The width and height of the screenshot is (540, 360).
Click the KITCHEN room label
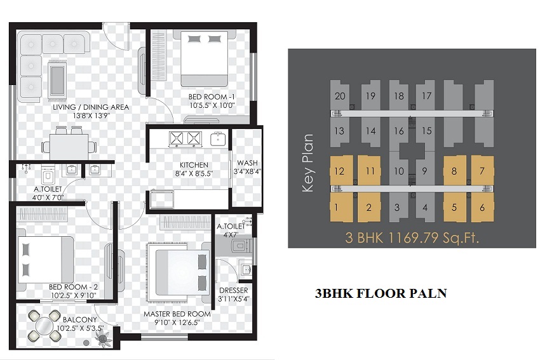coord(194,165)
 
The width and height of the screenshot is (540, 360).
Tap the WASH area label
coord(247,163)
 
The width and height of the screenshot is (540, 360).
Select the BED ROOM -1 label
coord(212,97)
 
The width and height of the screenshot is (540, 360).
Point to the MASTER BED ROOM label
coord(177,314)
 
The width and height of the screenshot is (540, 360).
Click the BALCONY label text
coord(80,320)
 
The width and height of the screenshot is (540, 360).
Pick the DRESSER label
coord(234,291)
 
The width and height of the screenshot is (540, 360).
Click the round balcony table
coord(44,325)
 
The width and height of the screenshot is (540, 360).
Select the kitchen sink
coord(219,138)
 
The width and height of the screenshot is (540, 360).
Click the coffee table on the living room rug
coord(57,81)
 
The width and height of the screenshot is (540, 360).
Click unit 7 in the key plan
coord(482,171)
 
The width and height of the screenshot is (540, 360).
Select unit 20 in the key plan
coord(340,96)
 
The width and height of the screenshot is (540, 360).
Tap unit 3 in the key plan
coord(397,208)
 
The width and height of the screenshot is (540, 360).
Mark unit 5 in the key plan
coord(454,208)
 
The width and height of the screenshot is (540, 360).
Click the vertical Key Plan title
coord(307,163)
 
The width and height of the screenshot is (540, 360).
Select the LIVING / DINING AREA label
coord(91,107)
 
